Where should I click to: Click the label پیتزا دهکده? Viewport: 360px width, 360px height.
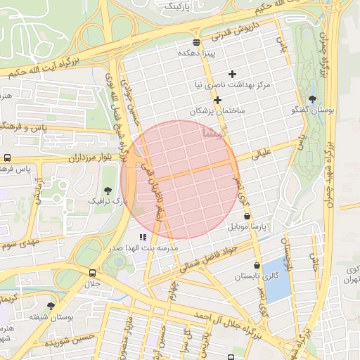[x=195, y=53]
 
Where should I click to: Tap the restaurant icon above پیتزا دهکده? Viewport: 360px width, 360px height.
[x=195, y=41]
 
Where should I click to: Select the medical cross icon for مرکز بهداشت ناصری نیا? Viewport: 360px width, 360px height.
[x=233, y=74]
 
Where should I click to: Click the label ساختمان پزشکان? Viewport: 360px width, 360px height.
[x=217, y=112]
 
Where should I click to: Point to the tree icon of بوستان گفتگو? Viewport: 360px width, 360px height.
[x=312, y=99]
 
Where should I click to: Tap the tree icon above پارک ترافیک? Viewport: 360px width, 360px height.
[x=108, y=191]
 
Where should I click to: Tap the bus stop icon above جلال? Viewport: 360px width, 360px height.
[x=93, y=273]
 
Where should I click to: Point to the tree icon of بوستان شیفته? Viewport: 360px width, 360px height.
[x=51, y=307]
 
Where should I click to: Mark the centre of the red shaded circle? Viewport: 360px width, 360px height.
[x=180, y=179]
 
